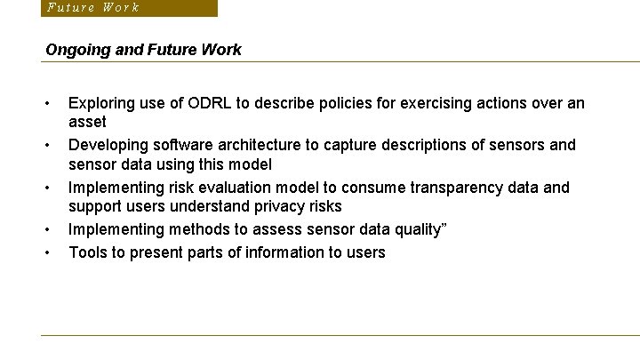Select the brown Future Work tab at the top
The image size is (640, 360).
[128, 8]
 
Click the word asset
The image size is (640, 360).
[87, 122]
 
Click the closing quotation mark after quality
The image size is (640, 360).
[444, 227]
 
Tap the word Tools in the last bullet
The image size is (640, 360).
[88, 252]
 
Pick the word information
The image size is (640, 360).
[283, 252]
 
